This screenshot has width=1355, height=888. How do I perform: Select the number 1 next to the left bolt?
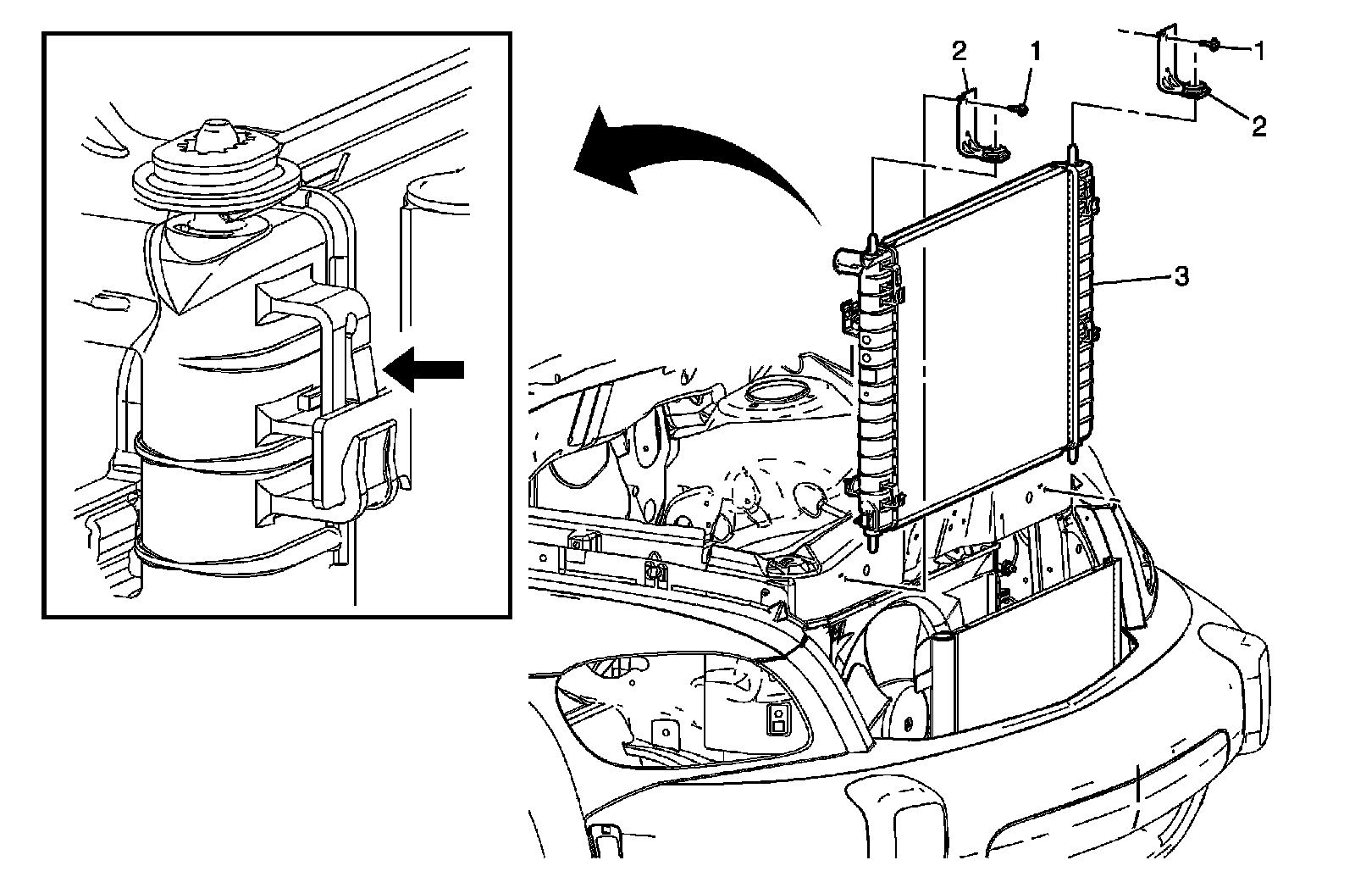point(1035,53)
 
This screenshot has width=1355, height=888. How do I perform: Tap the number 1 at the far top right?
point(1259,53)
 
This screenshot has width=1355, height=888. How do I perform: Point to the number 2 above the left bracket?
point(960,53)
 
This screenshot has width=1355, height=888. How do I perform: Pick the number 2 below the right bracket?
point(1259,127)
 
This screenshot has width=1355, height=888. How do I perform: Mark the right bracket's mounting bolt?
point(1212,44)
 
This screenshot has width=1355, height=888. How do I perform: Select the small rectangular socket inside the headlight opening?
point(777,720)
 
